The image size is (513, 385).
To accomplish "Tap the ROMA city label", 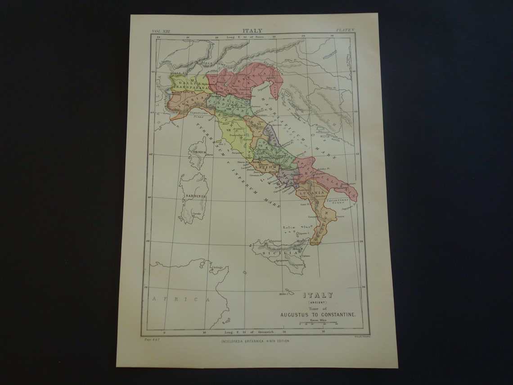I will pos(256,162).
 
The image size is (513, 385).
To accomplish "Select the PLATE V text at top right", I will pos(346,30).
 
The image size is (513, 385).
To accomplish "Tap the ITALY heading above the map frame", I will pos(252,31).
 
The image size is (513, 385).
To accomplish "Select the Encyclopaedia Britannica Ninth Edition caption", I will pos(255,341).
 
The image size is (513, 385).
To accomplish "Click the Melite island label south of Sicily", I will pos(283,294).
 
